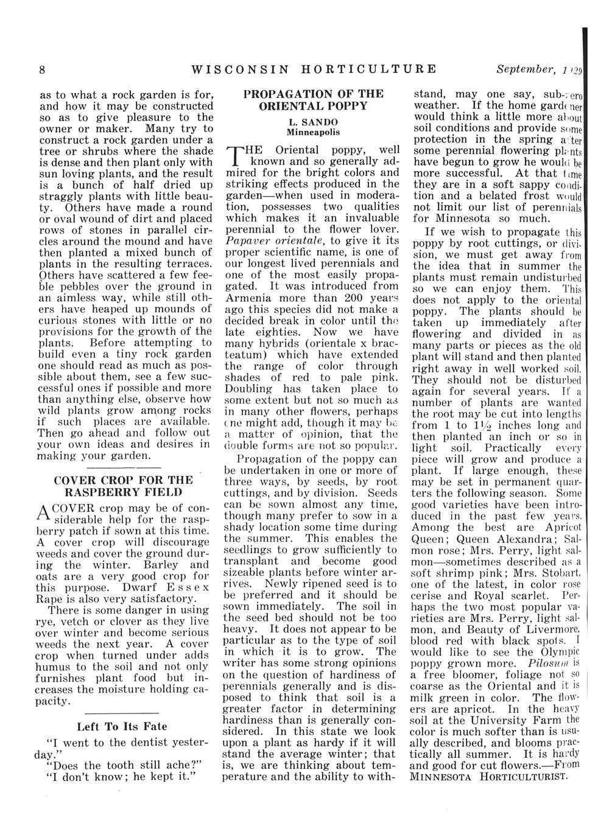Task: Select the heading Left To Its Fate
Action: click(122, 726)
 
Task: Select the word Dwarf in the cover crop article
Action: click(141, 587)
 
